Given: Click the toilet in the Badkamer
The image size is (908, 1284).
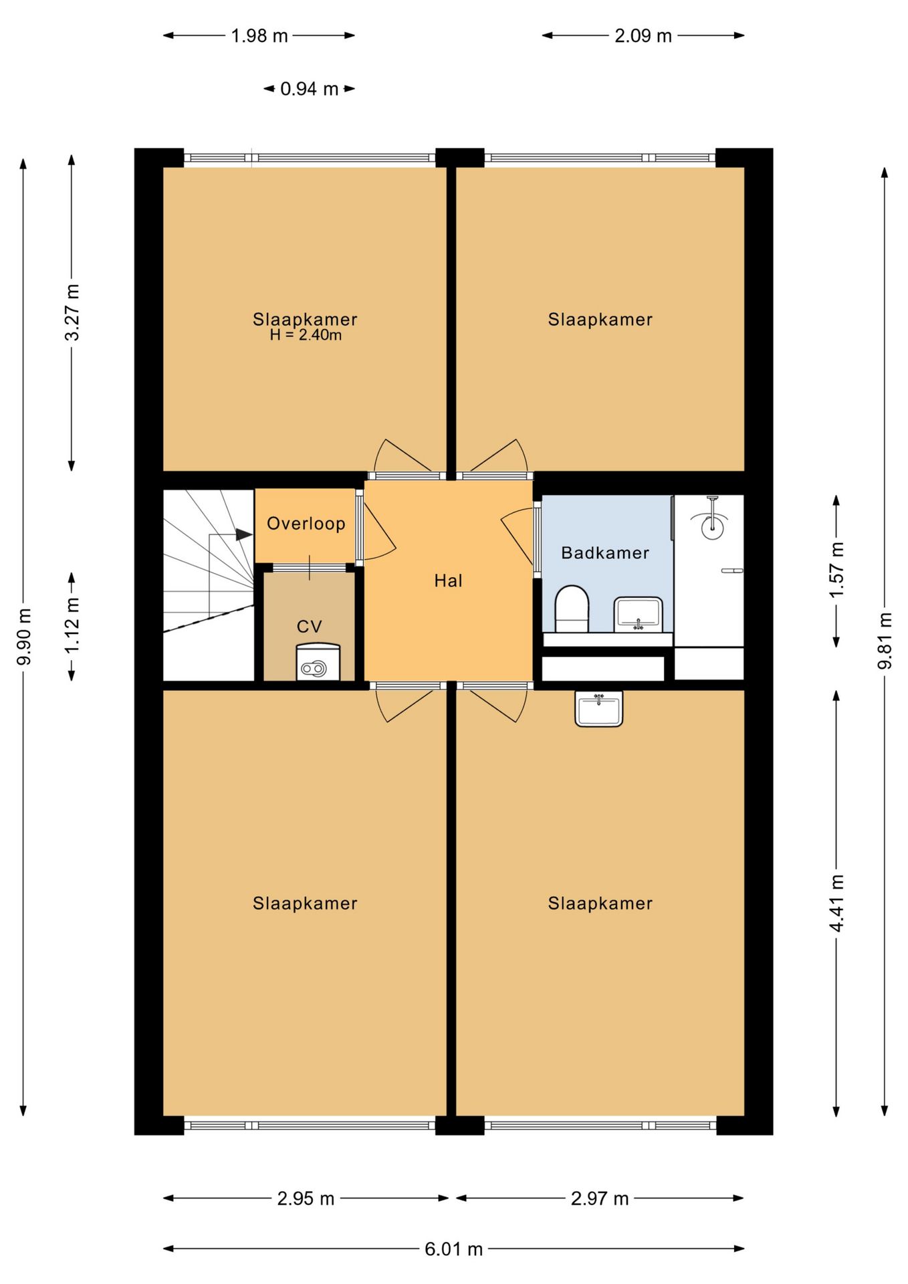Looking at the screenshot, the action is (x=572, y=609).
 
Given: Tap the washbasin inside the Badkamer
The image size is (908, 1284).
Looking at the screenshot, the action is (x=639, y=614).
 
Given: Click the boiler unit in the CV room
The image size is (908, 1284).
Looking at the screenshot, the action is (x=318, y=662).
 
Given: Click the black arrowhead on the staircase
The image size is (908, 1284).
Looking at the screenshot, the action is (x=244, y=534).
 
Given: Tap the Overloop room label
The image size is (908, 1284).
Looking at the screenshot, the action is (x=306, y=523).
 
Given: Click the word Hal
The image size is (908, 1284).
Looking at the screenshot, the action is (x=448, y=580).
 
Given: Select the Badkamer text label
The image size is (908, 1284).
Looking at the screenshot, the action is (x=605, y=553).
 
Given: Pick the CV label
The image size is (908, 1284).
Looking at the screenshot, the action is (x=310, y=627).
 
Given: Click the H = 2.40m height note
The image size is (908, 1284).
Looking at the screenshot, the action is (x=306, y=336).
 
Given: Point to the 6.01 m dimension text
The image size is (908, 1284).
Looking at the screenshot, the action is (x=453, y=1249).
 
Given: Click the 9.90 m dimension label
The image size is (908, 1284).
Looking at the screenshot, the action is (x=24, y=637).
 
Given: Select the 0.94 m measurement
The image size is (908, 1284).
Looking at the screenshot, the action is (x=309, y=88).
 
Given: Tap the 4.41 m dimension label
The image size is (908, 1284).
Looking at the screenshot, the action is (x=836, y=903).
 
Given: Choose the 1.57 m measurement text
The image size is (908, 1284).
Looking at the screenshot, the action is (x=836, y=570).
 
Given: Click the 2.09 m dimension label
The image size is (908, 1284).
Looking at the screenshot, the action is (x=643, y=35).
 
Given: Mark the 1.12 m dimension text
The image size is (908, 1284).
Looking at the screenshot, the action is (x=72, y=625).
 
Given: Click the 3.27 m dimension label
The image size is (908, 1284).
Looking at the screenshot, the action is (x=72, y=312).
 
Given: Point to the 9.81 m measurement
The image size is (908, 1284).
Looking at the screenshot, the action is (x=885, y=641).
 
